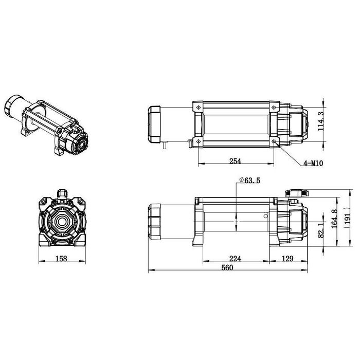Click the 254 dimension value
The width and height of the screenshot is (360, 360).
click(235, 161)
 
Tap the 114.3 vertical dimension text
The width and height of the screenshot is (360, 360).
click(320, 121)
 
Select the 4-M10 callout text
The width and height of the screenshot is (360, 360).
click(313, 163)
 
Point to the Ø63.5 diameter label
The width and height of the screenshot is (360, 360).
click(249, 180)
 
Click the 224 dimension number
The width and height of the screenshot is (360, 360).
click(235, 259)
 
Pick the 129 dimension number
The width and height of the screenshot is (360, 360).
click(287, 259)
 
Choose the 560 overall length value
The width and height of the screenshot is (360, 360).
click(227, 268)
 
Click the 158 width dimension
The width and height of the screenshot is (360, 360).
click(61, 259)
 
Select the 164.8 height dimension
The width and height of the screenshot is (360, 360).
click(334, 219)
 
